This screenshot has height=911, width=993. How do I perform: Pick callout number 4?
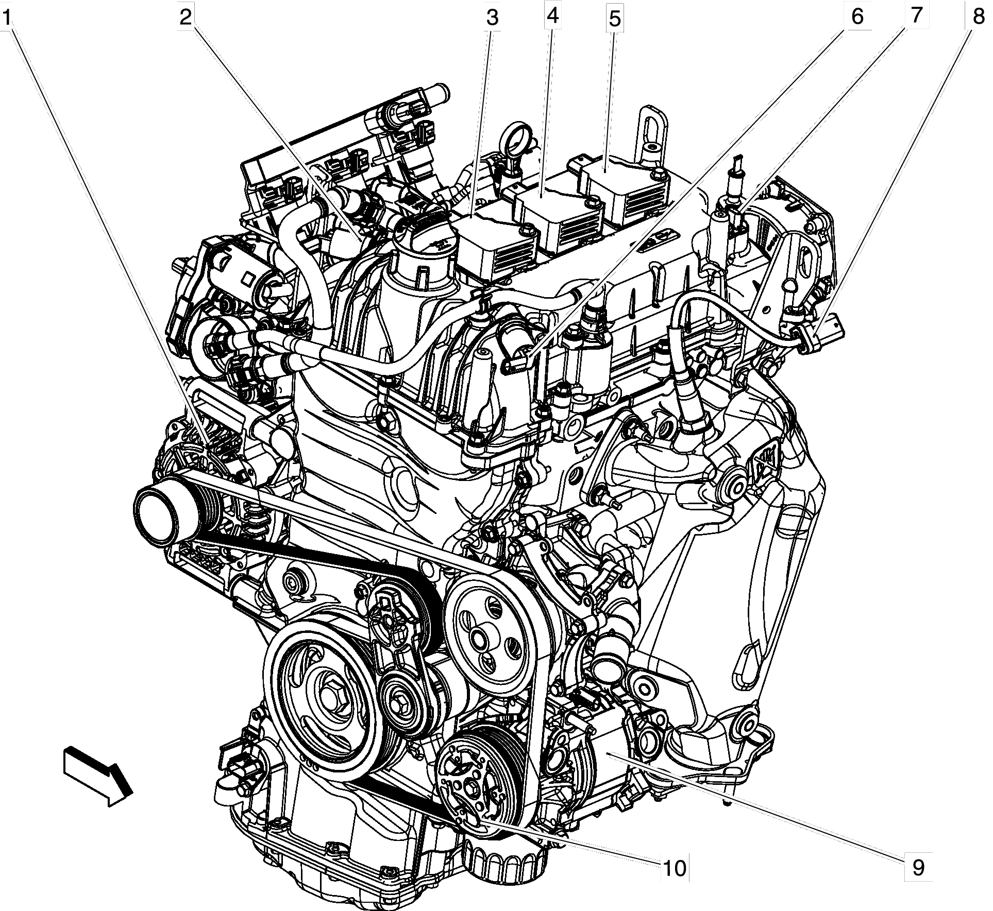[552, 17]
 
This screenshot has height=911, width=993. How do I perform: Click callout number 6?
[856, 16]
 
